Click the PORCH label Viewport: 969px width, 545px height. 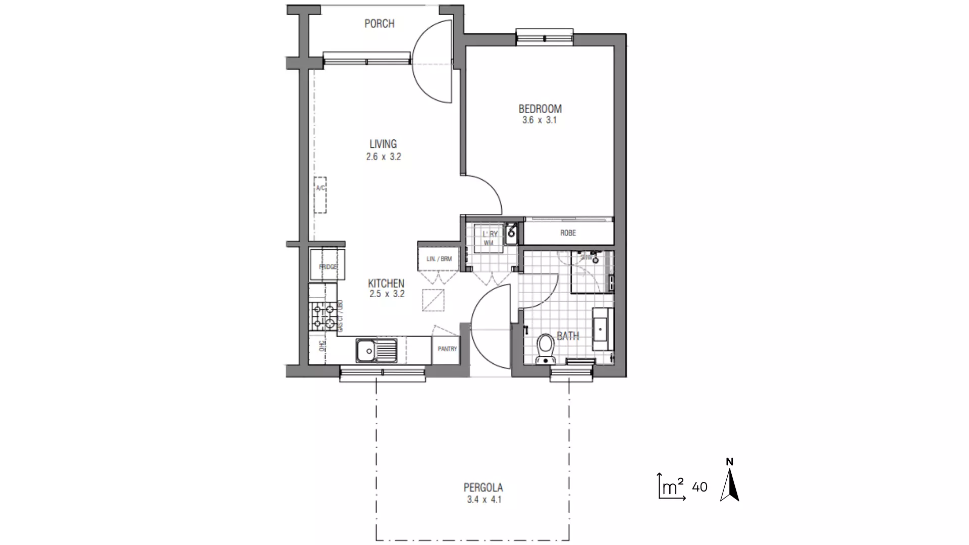pos(380,24)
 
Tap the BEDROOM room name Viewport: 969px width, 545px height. pos(540,108)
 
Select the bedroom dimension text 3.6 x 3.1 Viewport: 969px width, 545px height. pos(540,121)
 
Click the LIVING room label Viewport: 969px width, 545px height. pos(383,144)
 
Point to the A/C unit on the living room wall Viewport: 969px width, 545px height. pos(320,195)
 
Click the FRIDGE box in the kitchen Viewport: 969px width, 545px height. pos(327,265)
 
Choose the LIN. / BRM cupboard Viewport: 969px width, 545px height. pos(439,259)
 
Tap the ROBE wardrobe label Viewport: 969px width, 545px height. pos(568,233)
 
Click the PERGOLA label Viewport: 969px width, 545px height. pos(483,487)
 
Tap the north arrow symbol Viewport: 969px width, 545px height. pos(730,484)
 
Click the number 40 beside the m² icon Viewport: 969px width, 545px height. pos(699,487)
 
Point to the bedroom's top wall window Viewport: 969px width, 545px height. pos(545,37)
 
